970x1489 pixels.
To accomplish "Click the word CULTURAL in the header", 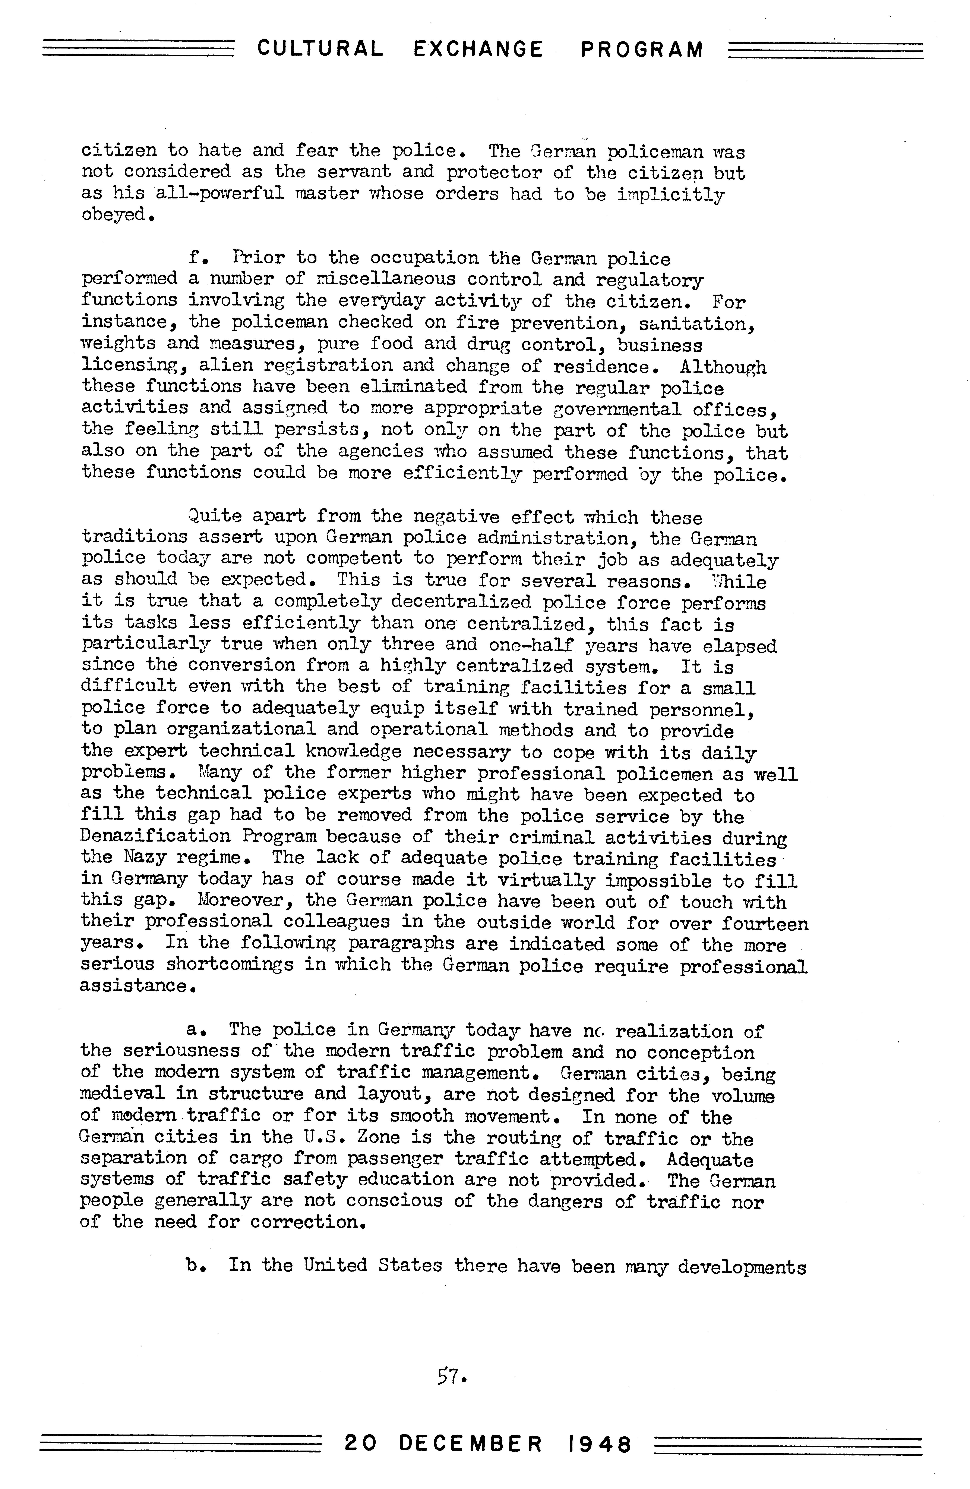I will [x=320, y=49].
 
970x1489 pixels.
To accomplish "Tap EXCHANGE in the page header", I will [x=478, y=49].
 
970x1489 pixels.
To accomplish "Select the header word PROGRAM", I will [x=642, y=49].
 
